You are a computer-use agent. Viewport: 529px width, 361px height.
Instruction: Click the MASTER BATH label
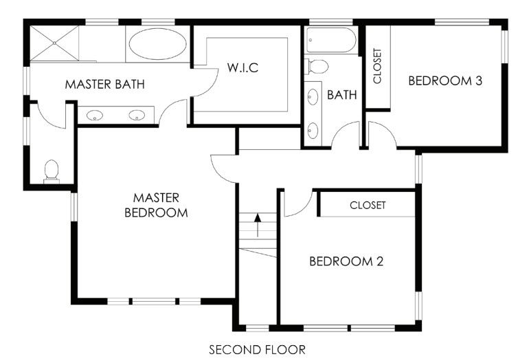tap(104, 85)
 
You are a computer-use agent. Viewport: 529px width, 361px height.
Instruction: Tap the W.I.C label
tap(243, 69)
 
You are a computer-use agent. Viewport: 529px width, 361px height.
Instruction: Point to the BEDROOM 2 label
tap(346, 261)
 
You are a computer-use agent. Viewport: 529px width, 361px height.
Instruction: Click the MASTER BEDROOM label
tap(156, 205)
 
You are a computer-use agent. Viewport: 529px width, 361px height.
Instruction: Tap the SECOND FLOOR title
tap(257, 349)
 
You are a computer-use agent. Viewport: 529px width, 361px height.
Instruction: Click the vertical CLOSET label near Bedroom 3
tap(377, 66)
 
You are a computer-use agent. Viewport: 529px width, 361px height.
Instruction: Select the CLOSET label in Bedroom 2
tap(368, 205)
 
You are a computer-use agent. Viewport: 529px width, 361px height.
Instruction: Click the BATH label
tap(341, 95)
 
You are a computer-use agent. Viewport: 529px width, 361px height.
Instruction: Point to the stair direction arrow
tap(258, 225)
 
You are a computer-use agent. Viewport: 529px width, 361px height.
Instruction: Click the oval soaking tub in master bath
tap(157, 44)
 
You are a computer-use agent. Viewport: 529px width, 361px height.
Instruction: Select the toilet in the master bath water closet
tap(51, 171)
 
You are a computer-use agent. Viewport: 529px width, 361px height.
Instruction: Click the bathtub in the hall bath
tap(332, 40)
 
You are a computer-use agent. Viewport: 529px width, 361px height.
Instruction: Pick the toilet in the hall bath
tap(317, 67)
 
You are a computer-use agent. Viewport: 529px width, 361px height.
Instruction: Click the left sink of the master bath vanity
tap(95, 115)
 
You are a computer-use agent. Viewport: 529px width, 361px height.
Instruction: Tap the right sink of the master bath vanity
tap(137, 115)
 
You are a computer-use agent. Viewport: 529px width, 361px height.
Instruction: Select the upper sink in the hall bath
tap(314, 97)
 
